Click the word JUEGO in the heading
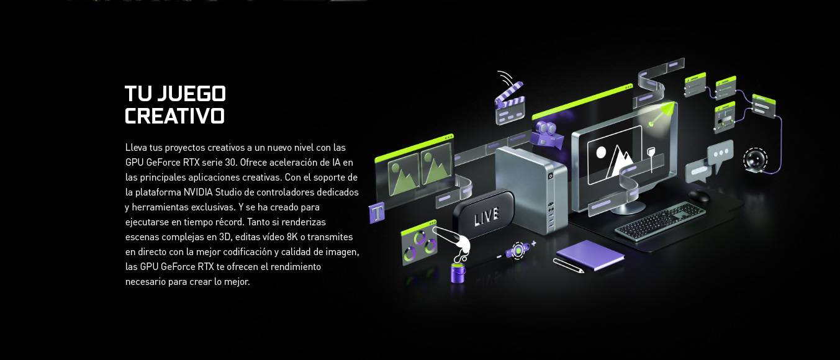point(191,93)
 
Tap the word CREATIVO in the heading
point(174,116)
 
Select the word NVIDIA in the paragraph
point(198,192)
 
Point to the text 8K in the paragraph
point(292,236)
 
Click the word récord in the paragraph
point(229,222)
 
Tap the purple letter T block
point(377,213)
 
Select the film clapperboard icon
point(509,103)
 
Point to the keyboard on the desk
point(661,220)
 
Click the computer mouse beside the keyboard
point(699,196)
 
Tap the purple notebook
point(590,254)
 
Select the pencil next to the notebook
point(569,266)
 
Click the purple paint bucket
point(458,272)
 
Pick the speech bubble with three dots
point(720,155)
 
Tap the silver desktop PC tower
point(531,189)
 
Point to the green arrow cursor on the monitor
point(663,113)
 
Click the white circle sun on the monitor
point(601,152)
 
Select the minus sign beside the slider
point(499,257)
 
